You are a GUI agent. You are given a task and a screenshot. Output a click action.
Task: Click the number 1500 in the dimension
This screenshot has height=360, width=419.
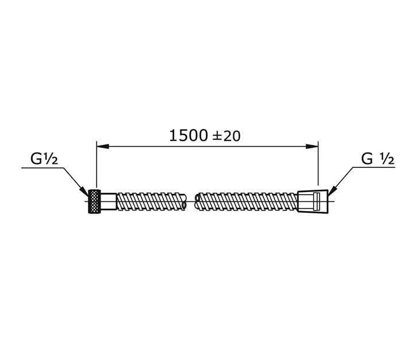pyautogui.click(x=189, y=135)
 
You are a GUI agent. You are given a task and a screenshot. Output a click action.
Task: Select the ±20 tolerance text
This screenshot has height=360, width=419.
pyautogui.click(x=226, y=136)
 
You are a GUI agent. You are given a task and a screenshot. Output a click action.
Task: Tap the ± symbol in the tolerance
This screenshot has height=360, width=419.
pyautogui.click(x=217, y=136)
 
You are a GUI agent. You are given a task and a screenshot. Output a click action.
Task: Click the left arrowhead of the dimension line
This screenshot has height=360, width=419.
pyautogui.click(x=103, y=146)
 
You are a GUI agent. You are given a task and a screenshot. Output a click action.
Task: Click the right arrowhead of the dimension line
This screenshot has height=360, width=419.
pyautogui.click(x=312, y=146)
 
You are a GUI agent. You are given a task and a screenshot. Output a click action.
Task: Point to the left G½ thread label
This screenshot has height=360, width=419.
pyautogui.click(x=44, y=159)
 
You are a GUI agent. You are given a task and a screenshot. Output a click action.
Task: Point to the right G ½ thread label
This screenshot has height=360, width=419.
pyautogui.click(x=378, y=159)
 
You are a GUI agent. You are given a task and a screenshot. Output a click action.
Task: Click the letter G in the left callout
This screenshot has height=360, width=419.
pyautogui.click(x=36, y=159)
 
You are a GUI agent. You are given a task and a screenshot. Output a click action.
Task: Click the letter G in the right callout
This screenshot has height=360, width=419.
pyautogui.click(x=367, y=159)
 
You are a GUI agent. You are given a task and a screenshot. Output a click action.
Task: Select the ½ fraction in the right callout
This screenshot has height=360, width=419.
pyautogui.click(x=387, y=159)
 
